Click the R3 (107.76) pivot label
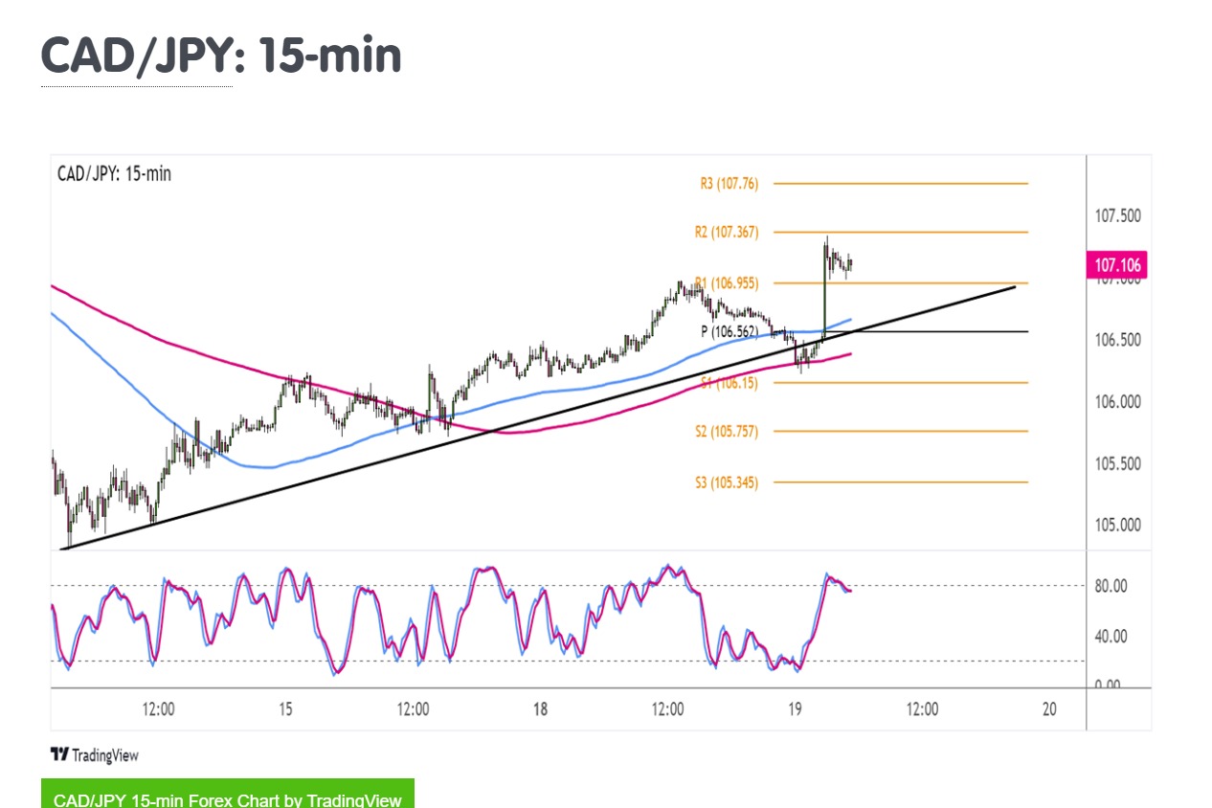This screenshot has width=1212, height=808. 729,183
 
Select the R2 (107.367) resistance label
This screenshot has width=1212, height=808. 726,232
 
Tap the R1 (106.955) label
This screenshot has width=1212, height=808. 726,282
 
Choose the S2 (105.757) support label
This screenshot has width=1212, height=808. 726,432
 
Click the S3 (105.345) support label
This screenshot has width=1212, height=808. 726,483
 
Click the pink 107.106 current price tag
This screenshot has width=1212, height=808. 1117,265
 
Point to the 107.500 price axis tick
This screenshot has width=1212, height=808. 1117,215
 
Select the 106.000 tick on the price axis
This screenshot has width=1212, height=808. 1117,402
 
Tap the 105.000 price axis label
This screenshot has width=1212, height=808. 1117,526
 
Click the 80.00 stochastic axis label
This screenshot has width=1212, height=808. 1111,586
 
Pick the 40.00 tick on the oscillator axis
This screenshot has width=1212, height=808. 1111,636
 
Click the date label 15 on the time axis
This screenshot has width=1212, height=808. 285,709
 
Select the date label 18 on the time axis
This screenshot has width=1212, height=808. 540,709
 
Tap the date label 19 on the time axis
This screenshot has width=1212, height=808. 794,709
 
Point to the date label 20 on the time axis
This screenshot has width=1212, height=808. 1049,709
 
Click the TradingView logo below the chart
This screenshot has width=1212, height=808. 94,755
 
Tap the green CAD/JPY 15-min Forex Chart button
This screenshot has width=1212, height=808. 228,797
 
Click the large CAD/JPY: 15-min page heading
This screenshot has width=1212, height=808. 221,56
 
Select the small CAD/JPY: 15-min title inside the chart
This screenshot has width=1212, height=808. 114,174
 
